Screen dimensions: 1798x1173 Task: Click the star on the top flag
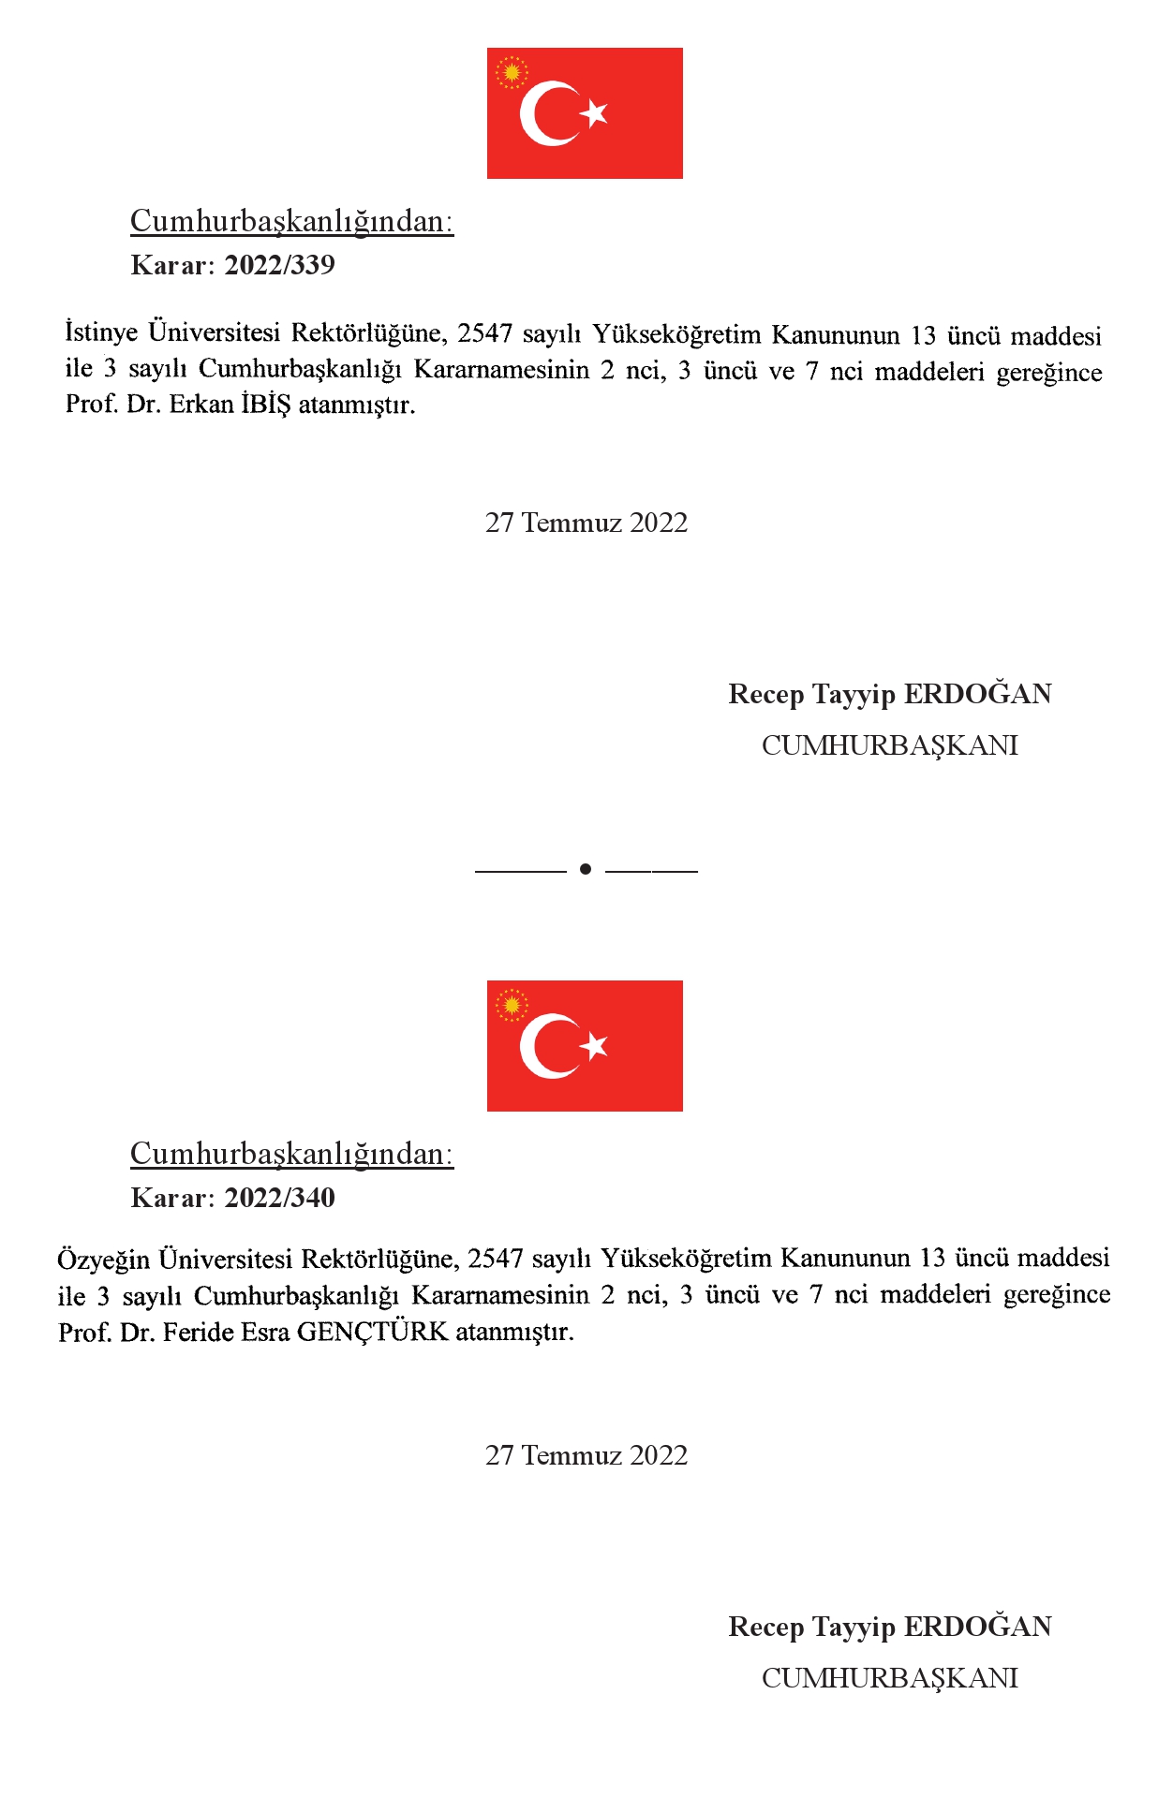click(x=594, y=113)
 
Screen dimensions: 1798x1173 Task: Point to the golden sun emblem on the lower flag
click(x=512, y=1005)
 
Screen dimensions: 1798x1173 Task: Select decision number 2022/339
click(x=279, y=265)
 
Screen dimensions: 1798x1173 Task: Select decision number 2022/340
click(x=279, y=1198)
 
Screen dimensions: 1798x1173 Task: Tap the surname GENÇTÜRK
click(x=373, y=1332)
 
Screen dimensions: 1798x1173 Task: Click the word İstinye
click(x=101, y=332)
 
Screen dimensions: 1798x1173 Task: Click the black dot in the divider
click(x=586, y=869)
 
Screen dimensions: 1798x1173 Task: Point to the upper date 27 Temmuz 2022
click(x=586, y=523)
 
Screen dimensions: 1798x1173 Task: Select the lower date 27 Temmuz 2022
click(x=586, y=1455)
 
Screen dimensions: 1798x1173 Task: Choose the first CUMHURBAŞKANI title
click(x=889, y=745)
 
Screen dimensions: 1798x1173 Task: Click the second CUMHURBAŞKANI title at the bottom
click(x=889, y=1678)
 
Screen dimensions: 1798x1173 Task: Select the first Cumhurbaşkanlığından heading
click(x=291, y=221)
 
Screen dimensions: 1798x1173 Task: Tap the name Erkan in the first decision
click(x=200, y=405)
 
